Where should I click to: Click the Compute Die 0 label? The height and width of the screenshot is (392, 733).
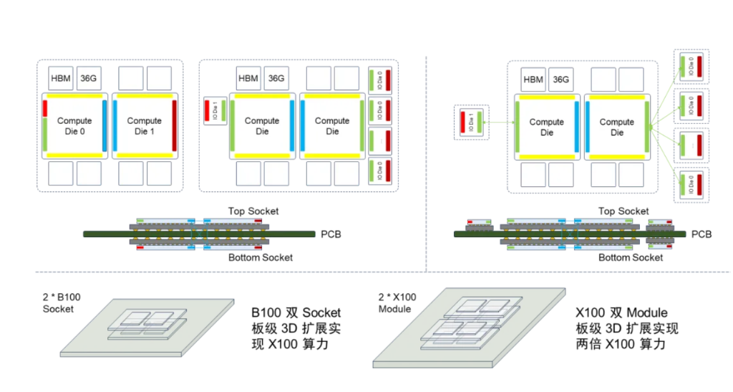(74, 125)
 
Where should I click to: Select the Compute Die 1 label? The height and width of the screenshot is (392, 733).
(144, 125)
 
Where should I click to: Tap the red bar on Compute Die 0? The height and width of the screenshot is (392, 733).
(45, 107)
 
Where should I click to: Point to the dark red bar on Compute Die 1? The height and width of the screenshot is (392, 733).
(174, 125)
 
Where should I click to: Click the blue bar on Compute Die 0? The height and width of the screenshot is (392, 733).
(105, 125)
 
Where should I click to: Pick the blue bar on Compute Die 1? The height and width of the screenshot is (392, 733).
(115, 125)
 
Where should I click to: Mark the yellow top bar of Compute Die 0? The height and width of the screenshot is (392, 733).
(74, 95)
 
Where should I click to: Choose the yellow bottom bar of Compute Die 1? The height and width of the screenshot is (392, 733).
(144, 156)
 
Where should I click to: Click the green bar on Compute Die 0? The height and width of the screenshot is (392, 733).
(45, 134)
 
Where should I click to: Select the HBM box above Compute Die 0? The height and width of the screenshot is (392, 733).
(61, 78)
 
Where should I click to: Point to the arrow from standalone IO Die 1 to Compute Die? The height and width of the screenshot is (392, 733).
(499, 123)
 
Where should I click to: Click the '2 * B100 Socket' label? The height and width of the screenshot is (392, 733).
(58, 302)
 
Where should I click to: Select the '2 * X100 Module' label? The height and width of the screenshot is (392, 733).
(397, 302)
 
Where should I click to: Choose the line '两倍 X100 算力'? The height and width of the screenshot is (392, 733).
(621, 344)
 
